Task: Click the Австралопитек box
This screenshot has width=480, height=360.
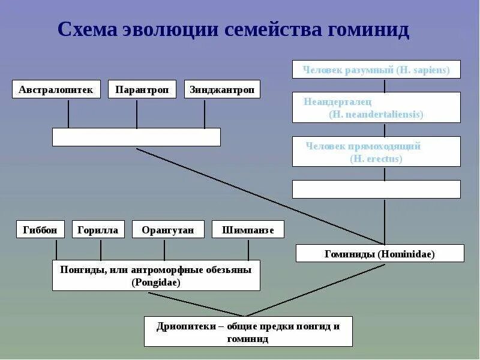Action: (56, 89)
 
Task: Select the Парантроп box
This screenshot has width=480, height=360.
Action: (142, 89)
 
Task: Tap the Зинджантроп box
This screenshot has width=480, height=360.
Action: (222, 89)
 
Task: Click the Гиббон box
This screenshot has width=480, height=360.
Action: (40, 229)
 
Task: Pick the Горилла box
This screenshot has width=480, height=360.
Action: (98, 229)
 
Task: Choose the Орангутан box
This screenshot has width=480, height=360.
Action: (168, 229)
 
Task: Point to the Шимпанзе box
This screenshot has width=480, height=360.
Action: (248, 229)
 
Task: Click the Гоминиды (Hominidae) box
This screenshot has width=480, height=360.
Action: (380, 253)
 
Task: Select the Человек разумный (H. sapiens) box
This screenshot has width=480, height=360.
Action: (376, 69)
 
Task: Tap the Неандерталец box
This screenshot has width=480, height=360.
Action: (376, 107)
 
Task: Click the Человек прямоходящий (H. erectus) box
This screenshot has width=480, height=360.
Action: (376, 151)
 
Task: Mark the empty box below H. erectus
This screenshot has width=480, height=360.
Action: (376, 189)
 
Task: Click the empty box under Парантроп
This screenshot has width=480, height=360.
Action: (136, 137)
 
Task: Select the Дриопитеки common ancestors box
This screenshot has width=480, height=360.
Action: (248, 331)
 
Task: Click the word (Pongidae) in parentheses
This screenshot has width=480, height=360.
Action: (156, 282)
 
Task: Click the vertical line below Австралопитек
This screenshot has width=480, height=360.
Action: (68, 114)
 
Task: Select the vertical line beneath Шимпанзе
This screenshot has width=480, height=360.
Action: (248, 249)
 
